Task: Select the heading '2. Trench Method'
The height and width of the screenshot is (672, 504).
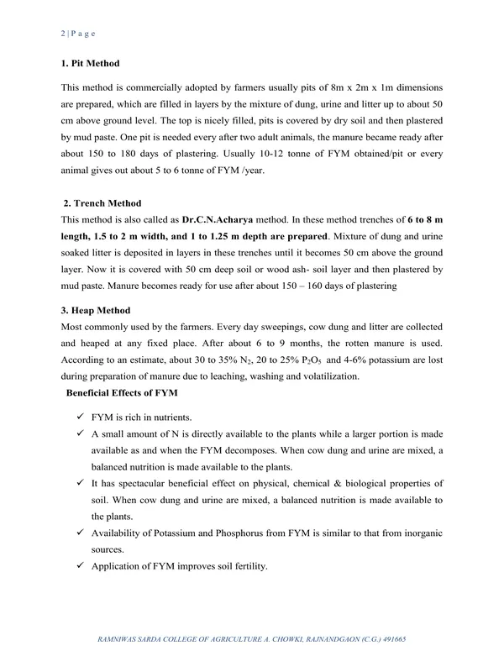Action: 102,203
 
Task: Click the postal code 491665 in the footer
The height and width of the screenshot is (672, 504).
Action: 391,639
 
